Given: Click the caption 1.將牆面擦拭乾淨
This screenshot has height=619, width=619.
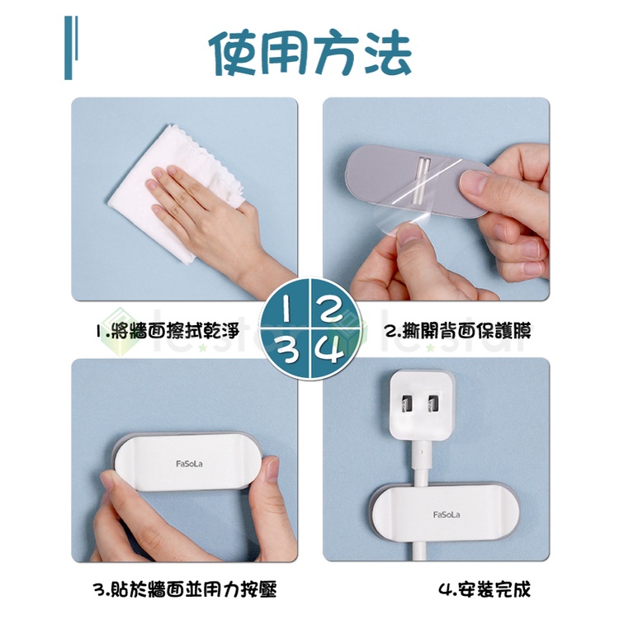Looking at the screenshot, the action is point(168,331).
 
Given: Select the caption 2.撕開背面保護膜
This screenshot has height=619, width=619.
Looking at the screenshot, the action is point(458,331).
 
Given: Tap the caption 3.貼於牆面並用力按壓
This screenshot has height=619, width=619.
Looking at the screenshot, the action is point(185,589).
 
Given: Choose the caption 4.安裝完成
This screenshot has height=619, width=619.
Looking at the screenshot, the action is point(484,589).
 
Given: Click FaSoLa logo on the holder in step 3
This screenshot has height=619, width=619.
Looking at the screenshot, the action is point(189,464).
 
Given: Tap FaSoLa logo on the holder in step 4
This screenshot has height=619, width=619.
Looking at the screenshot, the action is point(447,514).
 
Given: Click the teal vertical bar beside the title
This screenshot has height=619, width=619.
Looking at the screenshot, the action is point(69,47).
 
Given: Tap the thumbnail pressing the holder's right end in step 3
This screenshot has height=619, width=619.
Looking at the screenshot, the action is point(273,470).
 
